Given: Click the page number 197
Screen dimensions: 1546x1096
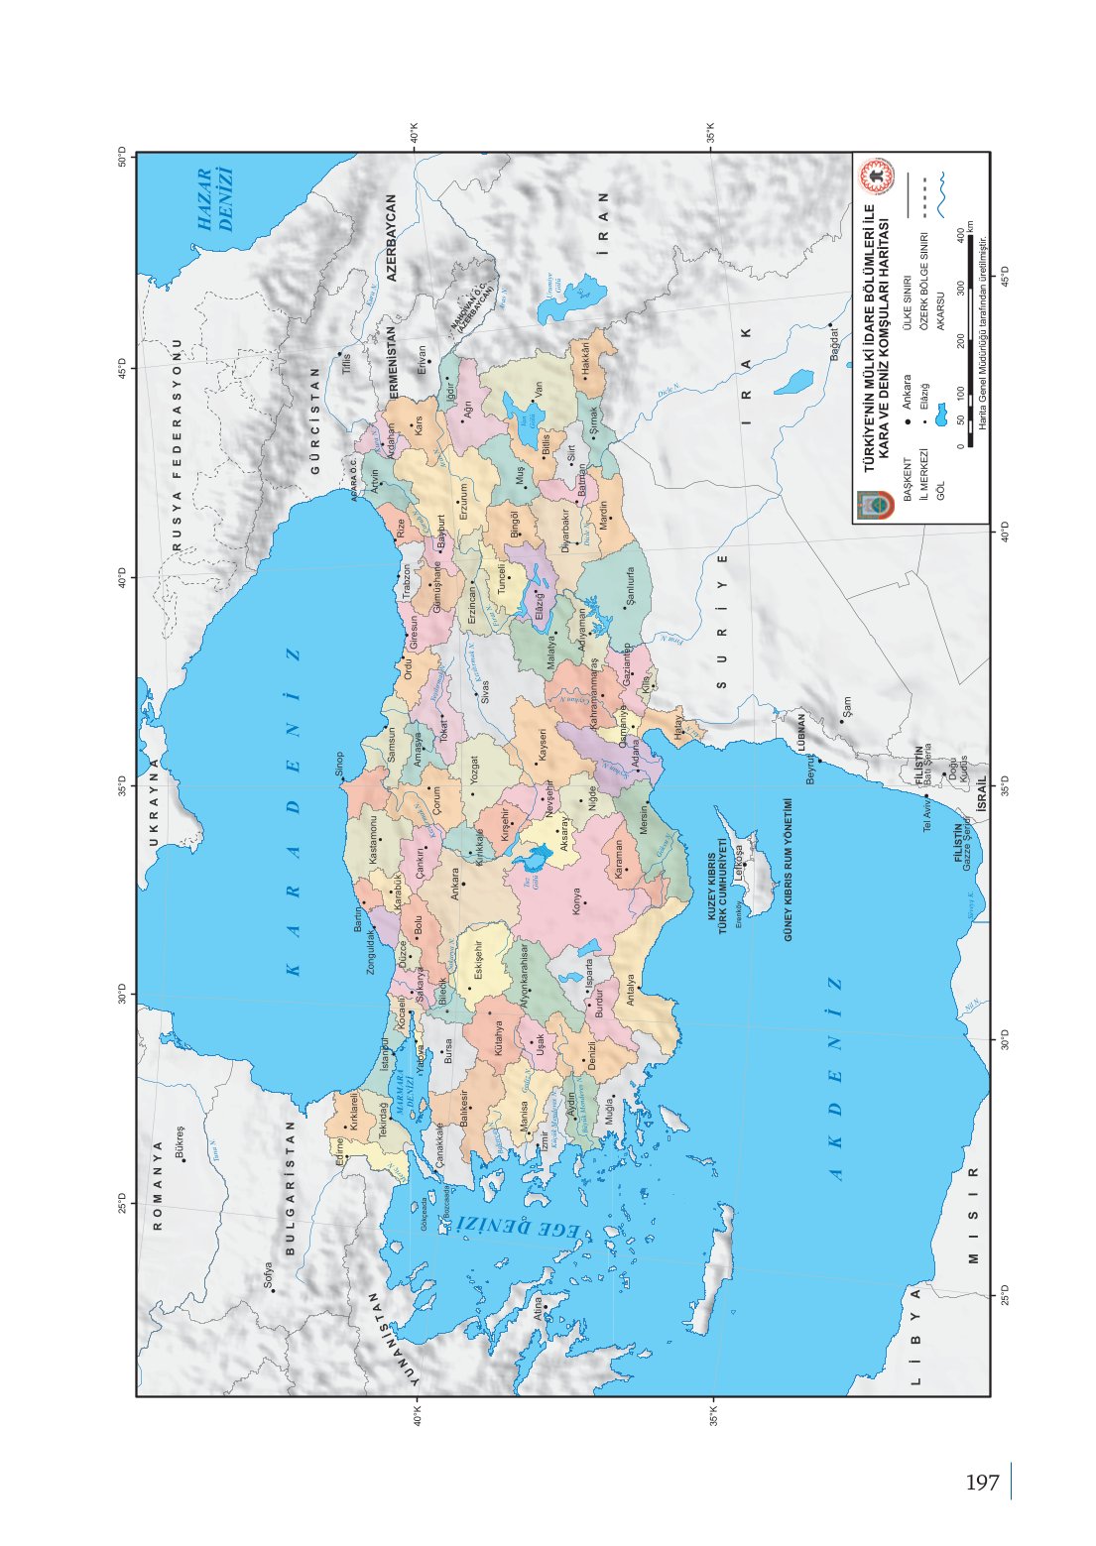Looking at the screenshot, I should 982,1484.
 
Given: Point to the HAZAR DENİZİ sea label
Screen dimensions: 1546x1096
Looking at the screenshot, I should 215,199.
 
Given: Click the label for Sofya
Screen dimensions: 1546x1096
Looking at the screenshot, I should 268,1275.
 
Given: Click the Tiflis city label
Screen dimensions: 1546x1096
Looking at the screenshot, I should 346,363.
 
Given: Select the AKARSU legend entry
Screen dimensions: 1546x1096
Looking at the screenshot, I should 938,303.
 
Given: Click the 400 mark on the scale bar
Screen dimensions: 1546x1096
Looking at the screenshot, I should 960,234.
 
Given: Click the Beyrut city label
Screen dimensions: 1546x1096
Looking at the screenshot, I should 810,771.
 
